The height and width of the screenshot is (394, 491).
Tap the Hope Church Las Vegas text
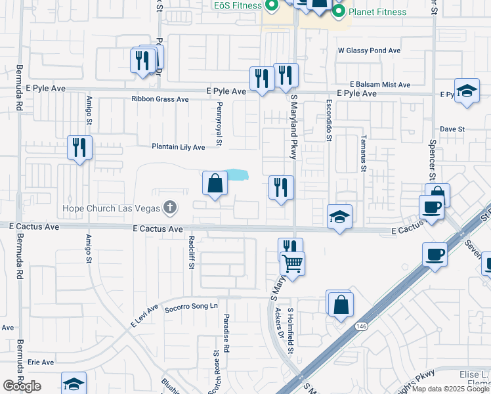coord(110,209)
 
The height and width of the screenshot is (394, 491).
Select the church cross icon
coord(170,209)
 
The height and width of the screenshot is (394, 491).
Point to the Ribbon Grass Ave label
coord(160,99)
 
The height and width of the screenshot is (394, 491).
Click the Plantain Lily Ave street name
coord(179,147)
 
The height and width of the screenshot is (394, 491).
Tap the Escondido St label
coord(329,120)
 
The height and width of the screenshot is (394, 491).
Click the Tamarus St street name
coord(363,153)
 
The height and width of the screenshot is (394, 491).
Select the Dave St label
coord(452,129)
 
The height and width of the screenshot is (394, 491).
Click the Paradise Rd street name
coord(224,334)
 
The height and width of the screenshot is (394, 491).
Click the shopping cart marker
coord(293,264)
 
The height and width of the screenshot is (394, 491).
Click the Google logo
coord(22,386)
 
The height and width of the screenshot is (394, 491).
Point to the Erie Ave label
coord(40,362)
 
